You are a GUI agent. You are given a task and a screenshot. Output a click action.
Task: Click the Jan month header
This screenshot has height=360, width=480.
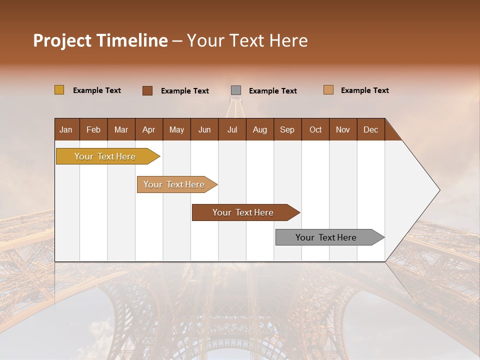click(66, 129)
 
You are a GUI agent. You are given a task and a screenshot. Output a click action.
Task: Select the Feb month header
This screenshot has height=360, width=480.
click(93, 129)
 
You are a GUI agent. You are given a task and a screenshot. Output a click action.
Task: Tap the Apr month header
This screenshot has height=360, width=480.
click(149, 129)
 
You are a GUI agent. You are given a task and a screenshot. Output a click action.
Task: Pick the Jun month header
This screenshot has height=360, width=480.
click(204, 129)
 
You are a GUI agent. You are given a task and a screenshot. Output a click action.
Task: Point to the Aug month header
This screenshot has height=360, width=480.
click(260, 129)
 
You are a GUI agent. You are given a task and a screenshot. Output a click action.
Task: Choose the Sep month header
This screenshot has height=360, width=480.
click(287, 129)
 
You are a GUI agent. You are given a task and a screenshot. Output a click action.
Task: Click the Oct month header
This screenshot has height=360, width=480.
click(315, 129)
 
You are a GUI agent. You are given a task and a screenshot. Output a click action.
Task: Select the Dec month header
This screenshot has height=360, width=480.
click(371, 129)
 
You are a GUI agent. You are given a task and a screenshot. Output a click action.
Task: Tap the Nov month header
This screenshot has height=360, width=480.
click(343, 129)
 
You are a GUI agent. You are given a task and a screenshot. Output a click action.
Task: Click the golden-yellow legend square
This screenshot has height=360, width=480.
click(59, 90)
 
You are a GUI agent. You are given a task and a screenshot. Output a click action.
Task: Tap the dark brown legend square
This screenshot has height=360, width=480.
click(147, 90)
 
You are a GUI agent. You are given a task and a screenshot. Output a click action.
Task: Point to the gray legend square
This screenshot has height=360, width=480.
click(236, 90)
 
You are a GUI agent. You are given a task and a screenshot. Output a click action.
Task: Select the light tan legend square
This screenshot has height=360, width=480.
click(328, 90)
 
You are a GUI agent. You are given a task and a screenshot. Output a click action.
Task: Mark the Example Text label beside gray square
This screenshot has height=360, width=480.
click(273, 91)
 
